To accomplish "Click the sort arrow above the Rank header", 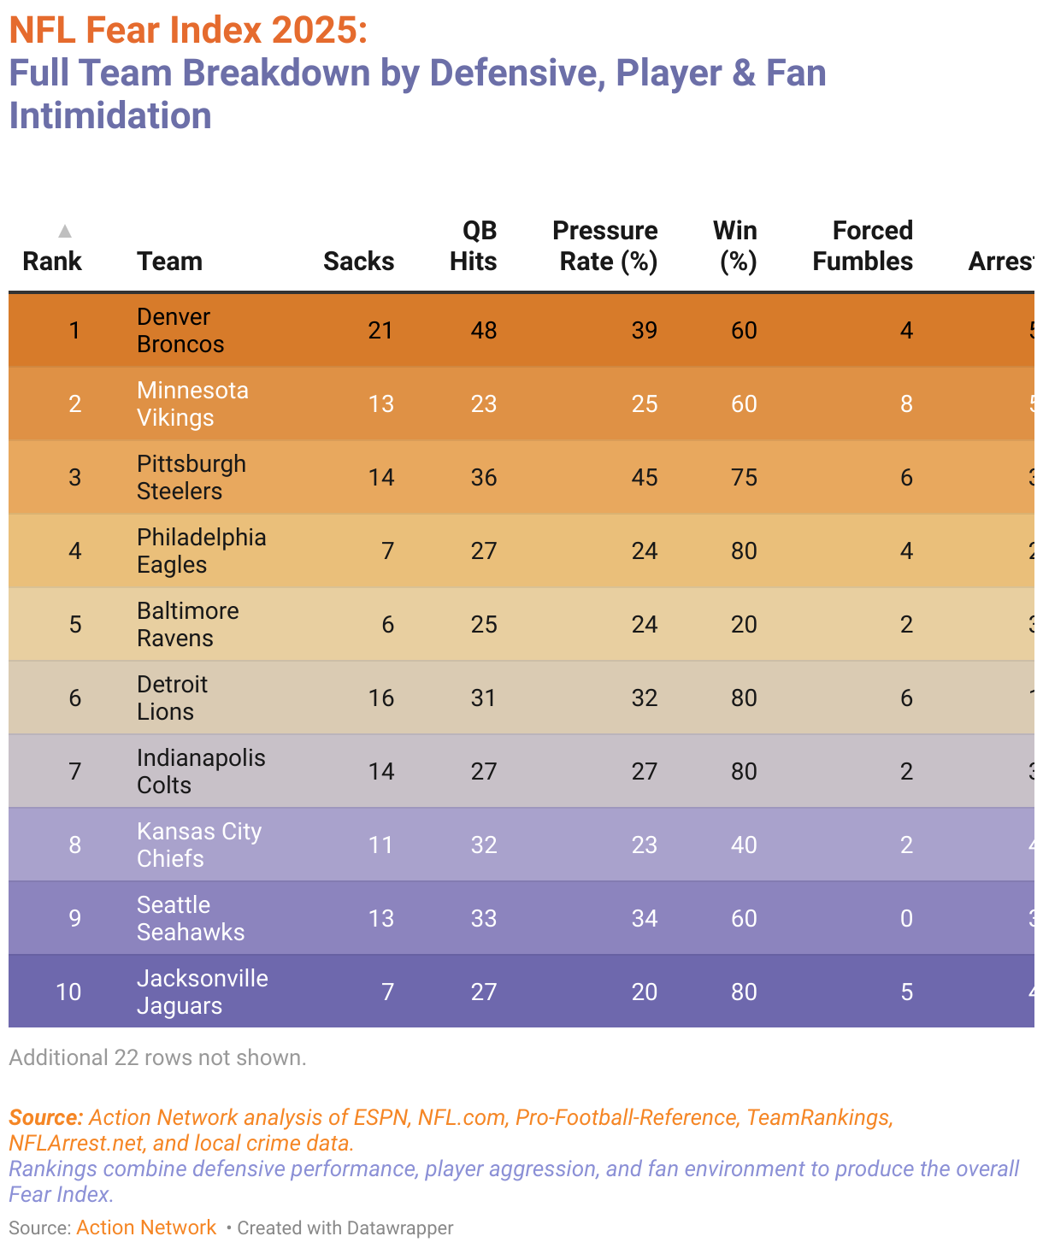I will (64, 231).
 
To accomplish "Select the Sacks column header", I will (358, 261).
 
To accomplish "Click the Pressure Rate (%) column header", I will (605, 246).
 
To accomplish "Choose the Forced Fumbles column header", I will (863, 246).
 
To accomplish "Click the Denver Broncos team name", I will (180, 331).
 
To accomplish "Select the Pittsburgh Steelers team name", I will (192, 478).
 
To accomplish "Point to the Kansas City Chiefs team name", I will (199, 845).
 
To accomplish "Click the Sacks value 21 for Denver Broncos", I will (380, 331).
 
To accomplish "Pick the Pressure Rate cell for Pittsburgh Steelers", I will (644, 478).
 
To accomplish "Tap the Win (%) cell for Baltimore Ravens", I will (744, 625).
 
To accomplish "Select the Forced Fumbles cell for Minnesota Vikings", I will (906, 404).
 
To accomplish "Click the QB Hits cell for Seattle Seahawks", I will (483, 919).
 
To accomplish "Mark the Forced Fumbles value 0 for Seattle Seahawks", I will (906, 919).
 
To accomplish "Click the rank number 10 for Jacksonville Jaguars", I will (68, 992).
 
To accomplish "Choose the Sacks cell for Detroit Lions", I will (380, 698).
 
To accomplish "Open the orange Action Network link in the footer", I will (146, 1228).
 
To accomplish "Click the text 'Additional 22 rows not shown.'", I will (157, 1058).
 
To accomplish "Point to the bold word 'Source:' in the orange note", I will (45, 1118).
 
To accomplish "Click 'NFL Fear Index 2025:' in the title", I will (188, 31).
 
